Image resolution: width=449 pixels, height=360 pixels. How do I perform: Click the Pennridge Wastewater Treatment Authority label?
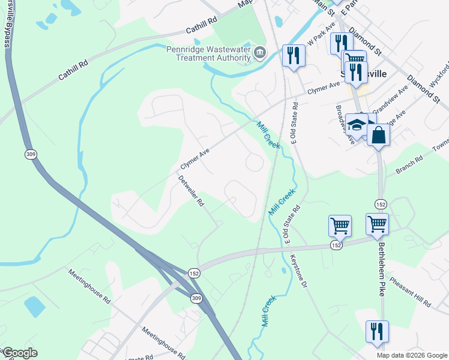tap(208, 52)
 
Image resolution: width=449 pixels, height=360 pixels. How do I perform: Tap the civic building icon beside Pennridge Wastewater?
tap(259, 53)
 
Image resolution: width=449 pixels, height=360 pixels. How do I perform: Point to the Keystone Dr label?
tap(299, 268)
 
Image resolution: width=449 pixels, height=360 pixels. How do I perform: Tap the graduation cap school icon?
tap(357, 125)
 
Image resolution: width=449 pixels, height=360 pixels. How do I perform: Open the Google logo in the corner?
tap(20, 353)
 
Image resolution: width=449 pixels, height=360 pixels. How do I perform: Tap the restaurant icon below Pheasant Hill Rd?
tap(377, 331)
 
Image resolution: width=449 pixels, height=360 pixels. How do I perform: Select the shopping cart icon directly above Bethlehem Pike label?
tap(377, 224)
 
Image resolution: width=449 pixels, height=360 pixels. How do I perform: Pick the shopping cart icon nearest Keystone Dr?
tap(340, 226)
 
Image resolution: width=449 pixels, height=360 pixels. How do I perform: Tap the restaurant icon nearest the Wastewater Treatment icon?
tap(294, 56)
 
